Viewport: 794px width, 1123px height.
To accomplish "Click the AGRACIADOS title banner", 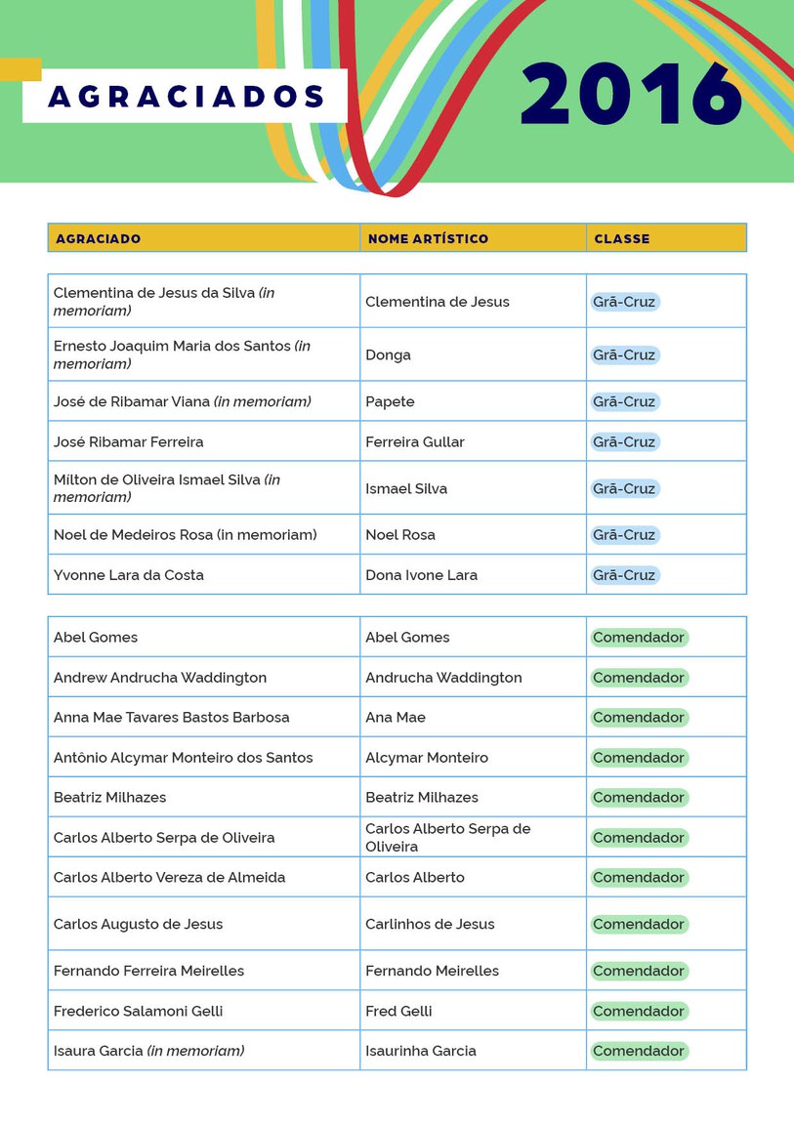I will click(x=186, y=97).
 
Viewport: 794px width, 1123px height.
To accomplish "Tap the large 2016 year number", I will click(x=632, y=95).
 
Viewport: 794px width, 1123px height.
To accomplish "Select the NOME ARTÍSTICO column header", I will click(x=428, y=238).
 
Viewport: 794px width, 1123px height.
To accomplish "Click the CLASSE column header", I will click(x=621, y=238).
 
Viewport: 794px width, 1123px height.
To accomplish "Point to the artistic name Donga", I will click(x=388, y=354).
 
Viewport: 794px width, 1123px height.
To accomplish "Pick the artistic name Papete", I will click(x=390, y=401).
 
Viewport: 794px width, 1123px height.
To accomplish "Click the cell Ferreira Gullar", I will click(x=414, y=441).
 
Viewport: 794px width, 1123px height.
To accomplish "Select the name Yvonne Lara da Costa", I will click(x=128, y=574).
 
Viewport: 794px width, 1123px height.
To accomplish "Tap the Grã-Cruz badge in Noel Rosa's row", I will click(x=624, y=535).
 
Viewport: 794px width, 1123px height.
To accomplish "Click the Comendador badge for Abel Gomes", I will click(x=639, y=638).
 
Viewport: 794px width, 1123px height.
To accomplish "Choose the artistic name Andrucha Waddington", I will click(x=443, y=678).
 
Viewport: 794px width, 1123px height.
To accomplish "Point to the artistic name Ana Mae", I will click(x=396, y=717).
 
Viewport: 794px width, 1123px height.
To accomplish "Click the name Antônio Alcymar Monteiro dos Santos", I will click(x=183, y=757).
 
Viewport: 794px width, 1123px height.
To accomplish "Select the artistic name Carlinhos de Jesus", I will click(x=430, y=924).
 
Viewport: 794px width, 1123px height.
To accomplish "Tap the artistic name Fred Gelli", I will click(x=398, y=1011).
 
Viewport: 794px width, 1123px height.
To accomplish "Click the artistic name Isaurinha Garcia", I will click(x=421, y=1051).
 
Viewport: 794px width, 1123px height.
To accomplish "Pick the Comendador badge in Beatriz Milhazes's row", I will click(x=639, y=798).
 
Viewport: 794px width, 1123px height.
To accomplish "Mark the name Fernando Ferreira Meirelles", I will click(x=148, y=971).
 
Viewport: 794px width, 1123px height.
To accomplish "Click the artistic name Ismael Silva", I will click(x=406, y=488).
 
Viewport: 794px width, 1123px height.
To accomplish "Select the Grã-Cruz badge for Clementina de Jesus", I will click(x=624, y=302).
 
